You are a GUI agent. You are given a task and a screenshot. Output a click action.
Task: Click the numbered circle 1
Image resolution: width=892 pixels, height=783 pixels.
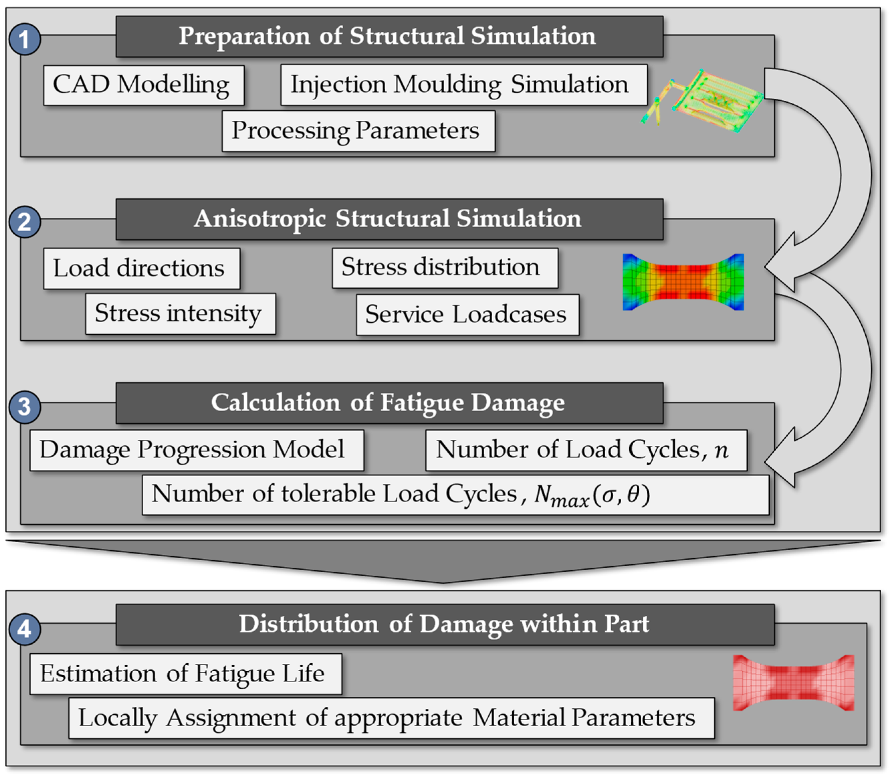click(x=25, y=39)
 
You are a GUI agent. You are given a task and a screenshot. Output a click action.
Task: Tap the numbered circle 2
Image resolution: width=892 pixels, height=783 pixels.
click(x=25, y=222)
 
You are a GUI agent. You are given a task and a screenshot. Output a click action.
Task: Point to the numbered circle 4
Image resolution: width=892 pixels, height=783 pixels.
click(x=25, y=629)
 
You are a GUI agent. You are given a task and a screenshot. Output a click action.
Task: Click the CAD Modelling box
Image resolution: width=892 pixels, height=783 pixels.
click(x=144, y=85)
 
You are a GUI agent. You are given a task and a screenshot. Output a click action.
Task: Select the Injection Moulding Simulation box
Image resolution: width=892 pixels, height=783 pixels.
click(x=464, y=85)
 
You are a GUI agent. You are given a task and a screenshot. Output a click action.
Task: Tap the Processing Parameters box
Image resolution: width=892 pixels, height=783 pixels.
click(x=358, y=131)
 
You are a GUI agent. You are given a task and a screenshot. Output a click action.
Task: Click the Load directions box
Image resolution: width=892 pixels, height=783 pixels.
click(x=141, y=268)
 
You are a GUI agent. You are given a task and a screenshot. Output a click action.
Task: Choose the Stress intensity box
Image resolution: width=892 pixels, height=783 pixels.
click(x=180, y=314)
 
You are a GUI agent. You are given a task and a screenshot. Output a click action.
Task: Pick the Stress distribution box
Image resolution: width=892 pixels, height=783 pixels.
click(x=445, y=267)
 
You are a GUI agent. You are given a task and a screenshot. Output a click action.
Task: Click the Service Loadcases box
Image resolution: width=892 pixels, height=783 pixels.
click(x=467, y=315)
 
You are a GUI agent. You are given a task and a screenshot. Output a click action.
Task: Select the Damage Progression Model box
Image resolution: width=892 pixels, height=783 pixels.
click(x=197, y=450)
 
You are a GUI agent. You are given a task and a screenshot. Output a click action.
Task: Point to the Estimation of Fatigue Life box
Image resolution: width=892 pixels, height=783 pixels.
click(x=185, y=673)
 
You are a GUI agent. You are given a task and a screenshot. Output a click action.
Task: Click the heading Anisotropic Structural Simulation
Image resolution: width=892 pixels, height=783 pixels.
click(x=389, y=219)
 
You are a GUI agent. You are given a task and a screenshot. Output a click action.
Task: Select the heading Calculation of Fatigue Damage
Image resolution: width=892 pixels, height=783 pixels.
click(x=389, y=403)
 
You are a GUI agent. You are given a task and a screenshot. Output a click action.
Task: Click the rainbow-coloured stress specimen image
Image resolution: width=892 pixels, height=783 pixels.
click(x=683, y=282)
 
